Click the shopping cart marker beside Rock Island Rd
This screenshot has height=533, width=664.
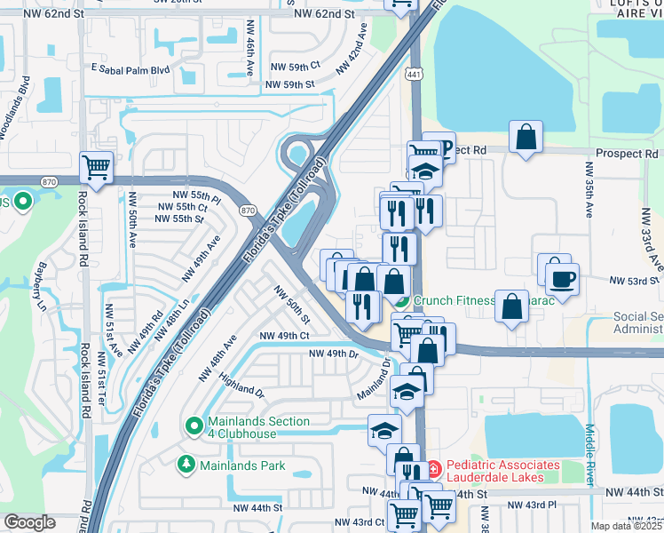point(96,165)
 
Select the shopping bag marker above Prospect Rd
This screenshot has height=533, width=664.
point(526,138)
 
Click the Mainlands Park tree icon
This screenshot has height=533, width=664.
point(186,464)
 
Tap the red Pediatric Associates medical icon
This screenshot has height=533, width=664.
point(433,469)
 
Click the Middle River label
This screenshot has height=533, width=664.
point(589,454)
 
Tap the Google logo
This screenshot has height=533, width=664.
point(30,521)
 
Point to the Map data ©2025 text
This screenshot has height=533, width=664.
point(627,526)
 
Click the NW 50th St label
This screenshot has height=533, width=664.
point(292,305)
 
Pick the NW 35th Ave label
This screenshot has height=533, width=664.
point(589,189)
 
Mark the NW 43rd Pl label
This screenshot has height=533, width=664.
point(533,505)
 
